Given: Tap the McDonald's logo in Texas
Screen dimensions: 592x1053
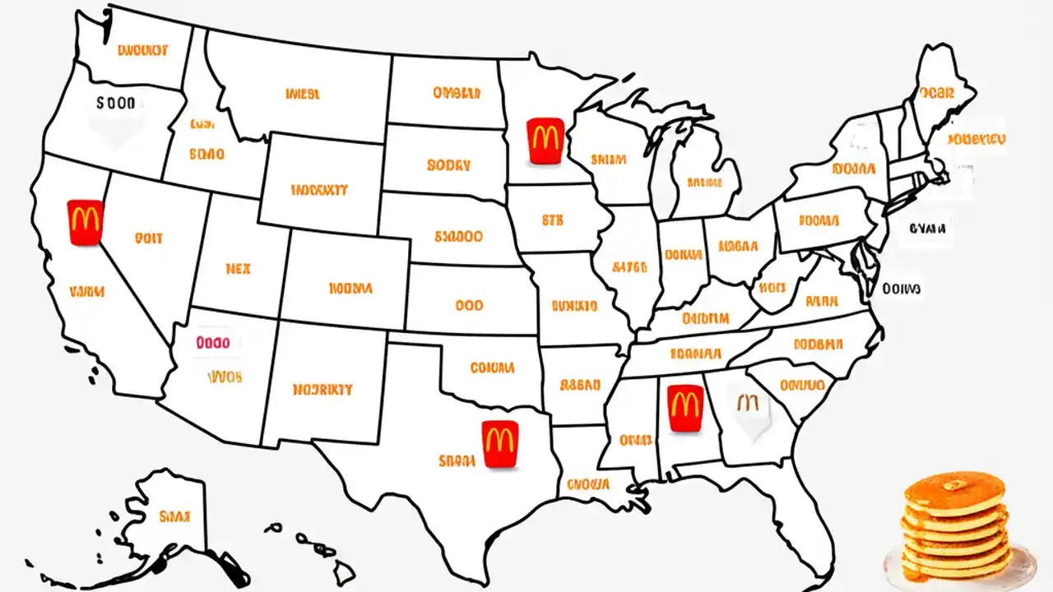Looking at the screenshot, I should pos(500,444).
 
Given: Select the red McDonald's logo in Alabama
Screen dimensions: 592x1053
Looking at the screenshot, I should pos(684,408).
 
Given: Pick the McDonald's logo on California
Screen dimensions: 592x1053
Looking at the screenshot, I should pos(85,222).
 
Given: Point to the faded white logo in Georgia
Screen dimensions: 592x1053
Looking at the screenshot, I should pos(749,409).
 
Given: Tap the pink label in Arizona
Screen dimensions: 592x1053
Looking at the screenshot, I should pos(214,341).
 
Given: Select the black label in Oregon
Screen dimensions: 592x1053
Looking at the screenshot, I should pos(115,104).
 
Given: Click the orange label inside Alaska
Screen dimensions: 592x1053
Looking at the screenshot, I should pos(174,516).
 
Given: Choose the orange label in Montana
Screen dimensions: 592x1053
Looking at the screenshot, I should pos(302,94).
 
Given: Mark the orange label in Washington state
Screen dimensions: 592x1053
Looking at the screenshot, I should pos(142,50).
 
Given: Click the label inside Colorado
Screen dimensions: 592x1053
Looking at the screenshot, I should pos(350,289).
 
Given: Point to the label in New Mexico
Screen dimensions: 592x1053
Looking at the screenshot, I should pos(322,389).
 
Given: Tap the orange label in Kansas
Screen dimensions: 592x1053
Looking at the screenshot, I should pos(468,305).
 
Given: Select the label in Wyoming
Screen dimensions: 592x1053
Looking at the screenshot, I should pos(319,190).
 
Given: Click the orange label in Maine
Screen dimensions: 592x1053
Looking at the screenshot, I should pos(937,93).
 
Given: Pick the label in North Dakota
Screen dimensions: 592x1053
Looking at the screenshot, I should pos(456,93).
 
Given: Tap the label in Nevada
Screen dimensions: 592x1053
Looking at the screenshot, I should pos(148,238).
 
